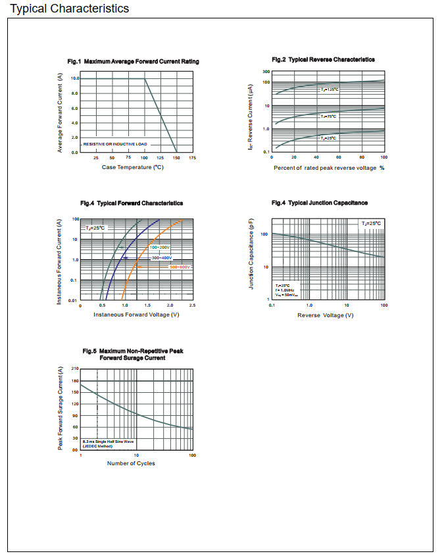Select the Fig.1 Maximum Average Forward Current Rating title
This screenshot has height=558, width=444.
[134, 62]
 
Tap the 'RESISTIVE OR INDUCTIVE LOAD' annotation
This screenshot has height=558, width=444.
[115, 143]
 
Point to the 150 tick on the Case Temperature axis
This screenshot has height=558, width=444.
[176, 158]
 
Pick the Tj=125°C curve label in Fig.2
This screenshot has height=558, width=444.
[330, 89]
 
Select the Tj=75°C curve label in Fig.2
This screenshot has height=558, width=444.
[328, 116]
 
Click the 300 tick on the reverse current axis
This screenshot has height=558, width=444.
[266, 71]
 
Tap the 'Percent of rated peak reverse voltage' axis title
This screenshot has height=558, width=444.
[329, 168]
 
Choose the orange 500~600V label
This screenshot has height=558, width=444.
[180, 267]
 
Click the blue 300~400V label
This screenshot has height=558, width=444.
[161, 258]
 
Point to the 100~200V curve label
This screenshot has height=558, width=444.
[160, 247]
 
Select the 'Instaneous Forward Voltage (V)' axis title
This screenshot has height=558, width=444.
[136, 315]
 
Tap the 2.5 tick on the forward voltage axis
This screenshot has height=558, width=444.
[192, 306]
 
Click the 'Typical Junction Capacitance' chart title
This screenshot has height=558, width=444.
[320, 203]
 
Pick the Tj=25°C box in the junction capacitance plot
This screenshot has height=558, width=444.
[371, 224]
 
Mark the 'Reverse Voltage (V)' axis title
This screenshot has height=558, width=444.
[326, 315]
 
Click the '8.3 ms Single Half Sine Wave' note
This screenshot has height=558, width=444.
[107, 442]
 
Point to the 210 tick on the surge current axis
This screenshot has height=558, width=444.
[74, 368]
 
